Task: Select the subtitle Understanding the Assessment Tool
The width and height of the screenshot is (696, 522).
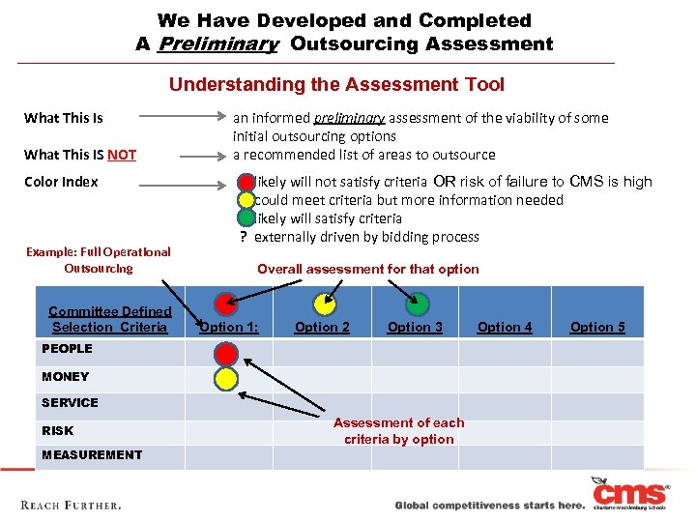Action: click(336, 84)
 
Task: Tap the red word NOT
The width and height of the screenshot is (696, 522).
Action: click(122, 155)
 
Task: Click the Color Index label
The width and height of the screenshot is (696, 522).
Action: click(61, 182)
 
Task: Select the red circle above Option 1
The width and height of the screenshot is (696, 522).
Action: click(226, 304)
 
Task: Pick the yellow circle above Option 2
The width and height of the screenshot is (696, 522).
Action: click(325, 304)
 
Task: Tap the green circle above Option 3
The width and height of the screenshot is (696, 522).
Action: click(417, 304)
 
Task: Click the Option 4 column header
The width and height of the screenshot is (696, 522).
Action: click(505, 327)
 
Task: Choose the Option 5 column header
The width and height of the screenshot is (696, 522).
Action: click(597, 327)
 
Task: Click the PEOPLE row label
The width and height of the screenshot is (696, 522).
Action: click(67, 348)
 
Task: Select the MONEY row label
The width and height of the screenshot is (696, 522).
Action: click(65, 376)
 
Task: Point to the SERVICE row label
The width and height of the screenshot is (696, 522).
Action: click(70, 402)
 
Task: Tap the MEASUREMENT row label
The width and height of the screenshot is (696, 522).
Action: click(92, 454)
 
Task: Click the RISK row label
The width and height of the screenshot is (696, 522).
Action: click(57, 430)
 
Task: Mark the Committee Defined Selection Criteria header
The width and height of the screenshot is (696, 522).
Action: click(110, 319)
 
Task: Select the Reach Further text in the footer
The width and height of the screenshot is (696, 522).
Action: click(72, 505)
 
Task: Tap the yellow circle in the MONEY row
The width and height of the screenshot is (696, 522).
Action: click(226, 377)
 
